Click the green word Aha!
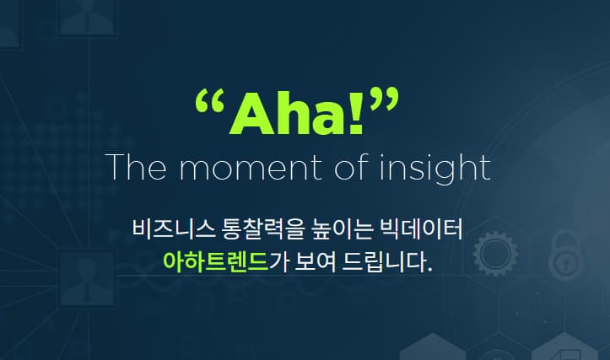coord(296,113)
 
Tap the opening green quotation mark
coord(210,100)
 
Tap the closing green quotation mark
coord(384,99)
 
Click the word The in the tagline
coord(136,166)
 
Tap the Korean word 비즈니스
coord(174,229)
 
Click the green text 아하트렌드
coord(216,261)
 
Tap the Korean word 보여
coord(315,261)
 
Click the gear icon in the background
coord(495,254)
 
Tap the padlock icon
coord(567,255)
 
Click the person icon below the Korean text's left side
coord(87,278)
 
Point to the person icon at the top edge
coord(87,18)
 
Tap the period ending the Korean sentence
coord(429,270)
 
